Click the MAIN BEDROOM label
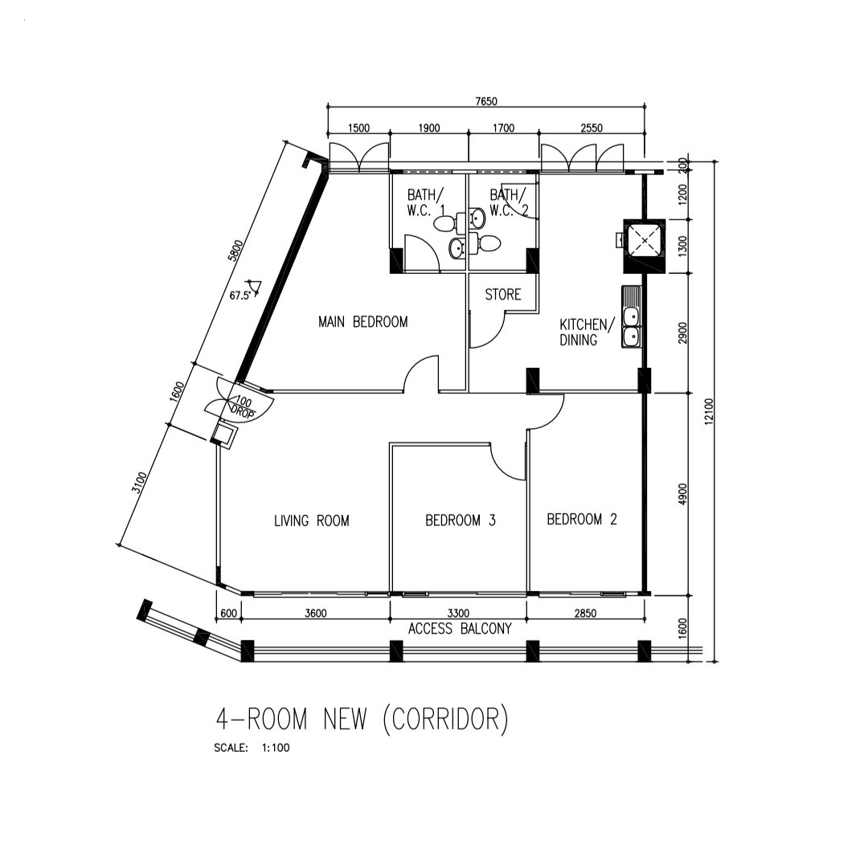click(x=362, y=322)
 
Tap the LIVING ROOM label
click(x=312, y=521)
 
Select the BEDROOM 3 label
click(x=461, y=520)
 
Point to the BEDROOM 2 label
click(x=582, y=520)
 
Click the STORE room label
click(x=503, y=295)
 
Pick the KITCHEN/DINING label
click(x=587, y=332)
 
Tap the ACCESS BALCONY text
click(x=460, y=629)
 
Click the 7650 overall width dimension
click(x=486, y=101)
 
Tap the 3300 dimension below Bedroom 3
click(x=458, y=614)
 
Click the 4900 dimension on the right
click(x=683, y=494)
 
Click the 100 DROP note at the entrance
click(x=243, y=407)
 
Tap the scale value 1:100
click(x=275, y=748)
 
